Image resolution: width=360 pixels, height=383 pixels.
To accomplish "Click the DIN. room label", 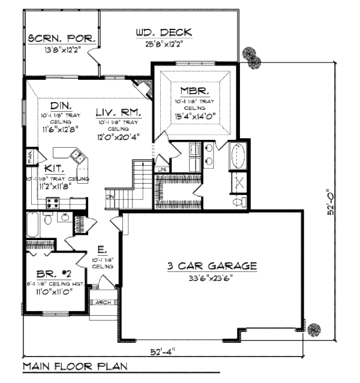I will pos(61,103).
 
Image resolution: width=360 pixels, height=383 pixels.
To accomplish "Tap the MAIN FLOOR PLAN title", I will pos(74,366).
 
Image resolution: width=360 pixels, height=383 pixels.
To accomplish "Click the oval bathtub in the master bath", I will pos(238,156).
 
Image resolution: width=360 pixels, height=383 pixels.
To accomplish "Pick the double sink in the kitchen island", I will pos(77,158).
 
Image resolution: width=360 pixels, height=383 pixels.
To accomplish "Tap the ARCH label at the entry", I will pos(103,303).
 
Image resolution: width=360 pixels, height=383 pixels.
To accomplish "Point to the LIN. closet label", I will pos(161,170).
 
